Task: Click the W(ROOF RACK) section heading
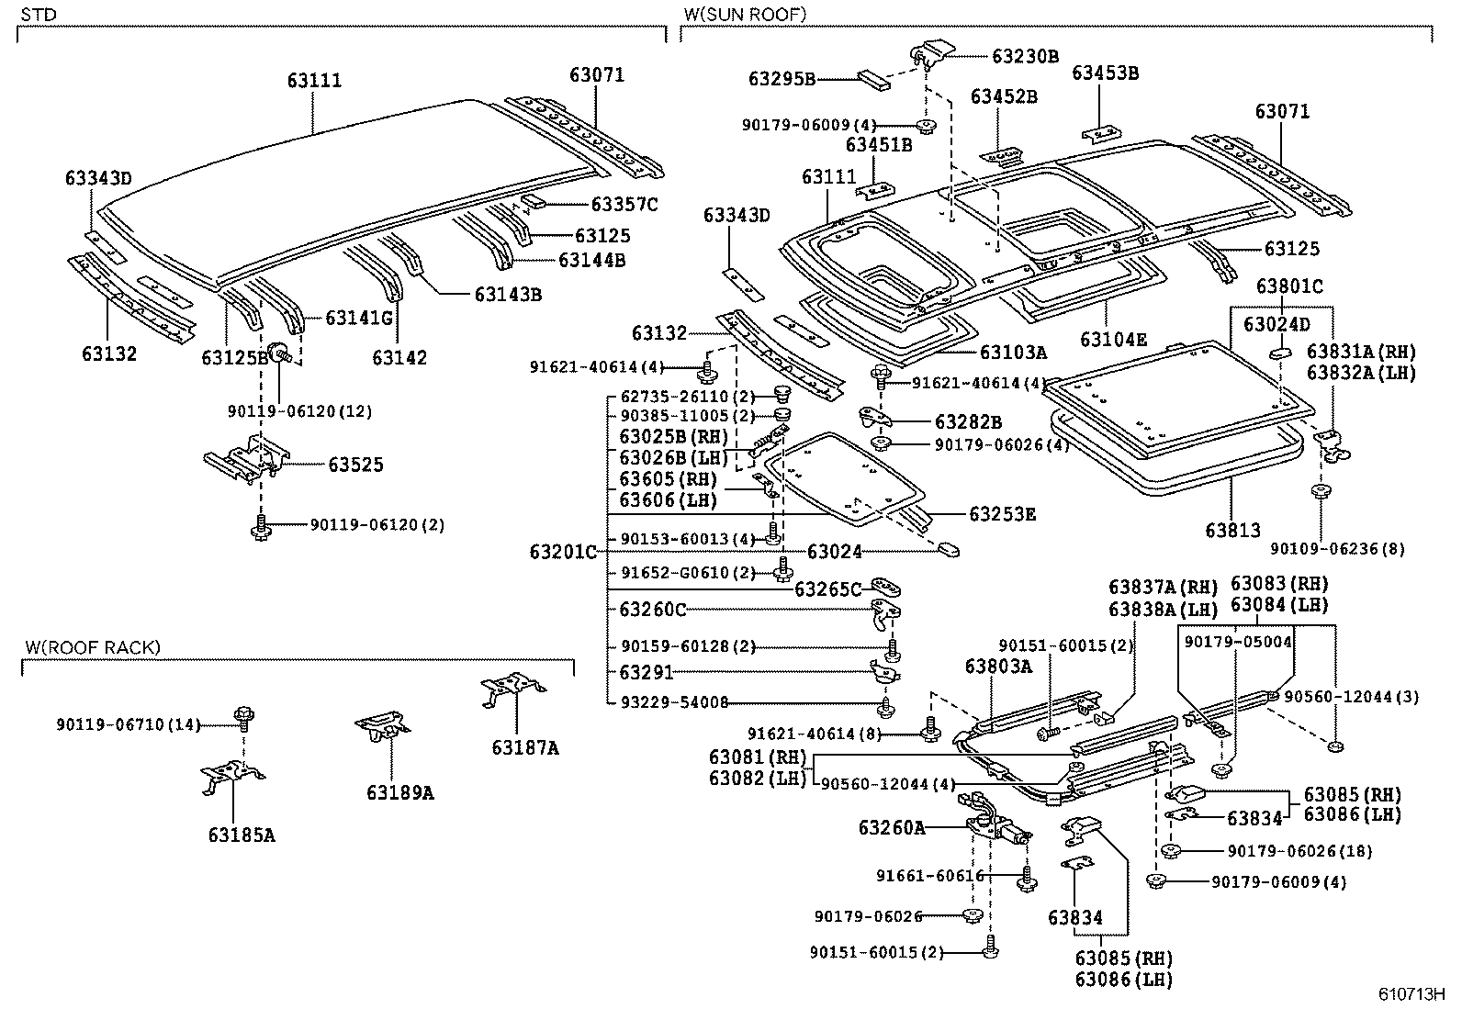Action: tap(92, 648)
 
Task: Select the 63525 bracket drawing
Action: tap(246, 462)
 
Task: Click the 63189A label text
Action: tap(399, 792)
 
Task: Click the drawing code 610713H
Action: tap(1411, 995)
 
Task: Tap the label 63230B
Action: tap(1025, 56)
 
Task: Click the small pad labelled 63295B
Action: tap(874, 78)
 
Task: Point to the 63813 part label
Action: tap(1232, 531)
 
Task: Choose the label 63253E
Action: tap(1002, 515)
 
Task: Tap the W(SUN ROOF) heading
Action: tap(745, 14)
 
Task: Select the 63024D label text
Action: tap(1276, 324)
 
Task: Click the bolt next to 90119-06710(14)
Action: tap(244, 715)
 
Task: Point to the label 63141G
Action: tap(360, 318)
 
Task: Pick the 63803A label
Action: tap(998, 667)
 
